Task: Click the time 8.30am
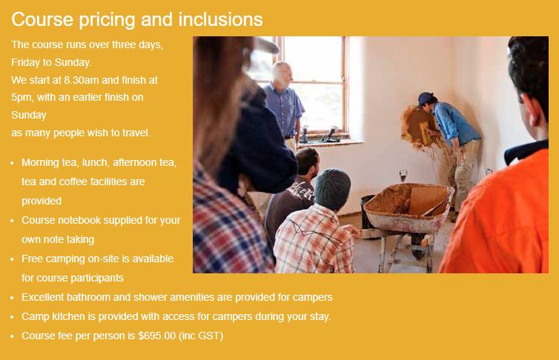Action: (x=82, y=80)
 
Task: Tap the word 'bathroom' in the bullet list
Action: (x=88, y=297)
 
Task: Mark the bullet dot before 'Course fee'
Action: (x=12, y=336)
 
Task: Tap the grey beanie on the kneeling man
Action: (x=332, y=189)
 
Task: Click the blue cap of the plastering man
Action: (x=426, y=99)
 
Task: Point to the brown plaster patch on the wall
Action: (x=414, y=127)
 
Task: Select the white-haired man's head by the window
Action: (x=282, y=74)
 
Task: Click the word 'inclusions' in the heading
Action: (x=220, y=19)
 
